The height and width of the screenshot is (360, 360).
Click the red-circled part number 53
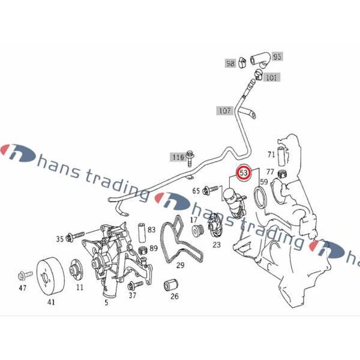(x=244, y=172)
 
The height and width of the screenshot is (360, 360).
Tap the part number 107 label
(x=224, y=110)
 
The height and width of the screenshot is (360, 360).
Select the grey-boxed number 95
(x=278, y=56)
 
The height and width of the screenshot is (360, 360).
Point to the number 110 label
(x=178, y=157)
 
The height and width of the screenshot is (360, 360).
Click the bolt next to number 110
(x=190, y=158)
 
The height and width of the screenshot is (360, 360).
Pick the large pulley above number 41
(x=51, y=276)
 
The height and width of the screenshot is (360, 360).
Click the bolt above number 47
(x=25, y=275)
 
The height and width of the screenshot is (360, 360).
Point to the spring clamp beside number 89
(x=143, y=250)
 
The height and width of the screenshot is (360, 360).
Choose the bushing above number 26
(x=171, y=285)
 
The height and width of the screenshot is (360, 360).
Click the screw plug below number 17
(x=198, y=231)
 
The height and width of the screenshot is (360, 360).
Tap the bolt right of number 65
(x=210, y=190)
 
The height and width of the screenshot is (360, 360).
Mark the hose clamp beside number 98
(x=242, y=62)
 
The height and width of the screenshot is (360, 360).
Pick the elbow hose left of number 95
(x=261, y=60)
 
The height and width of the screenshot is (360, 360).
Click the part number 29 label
(x=181, y=265)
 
